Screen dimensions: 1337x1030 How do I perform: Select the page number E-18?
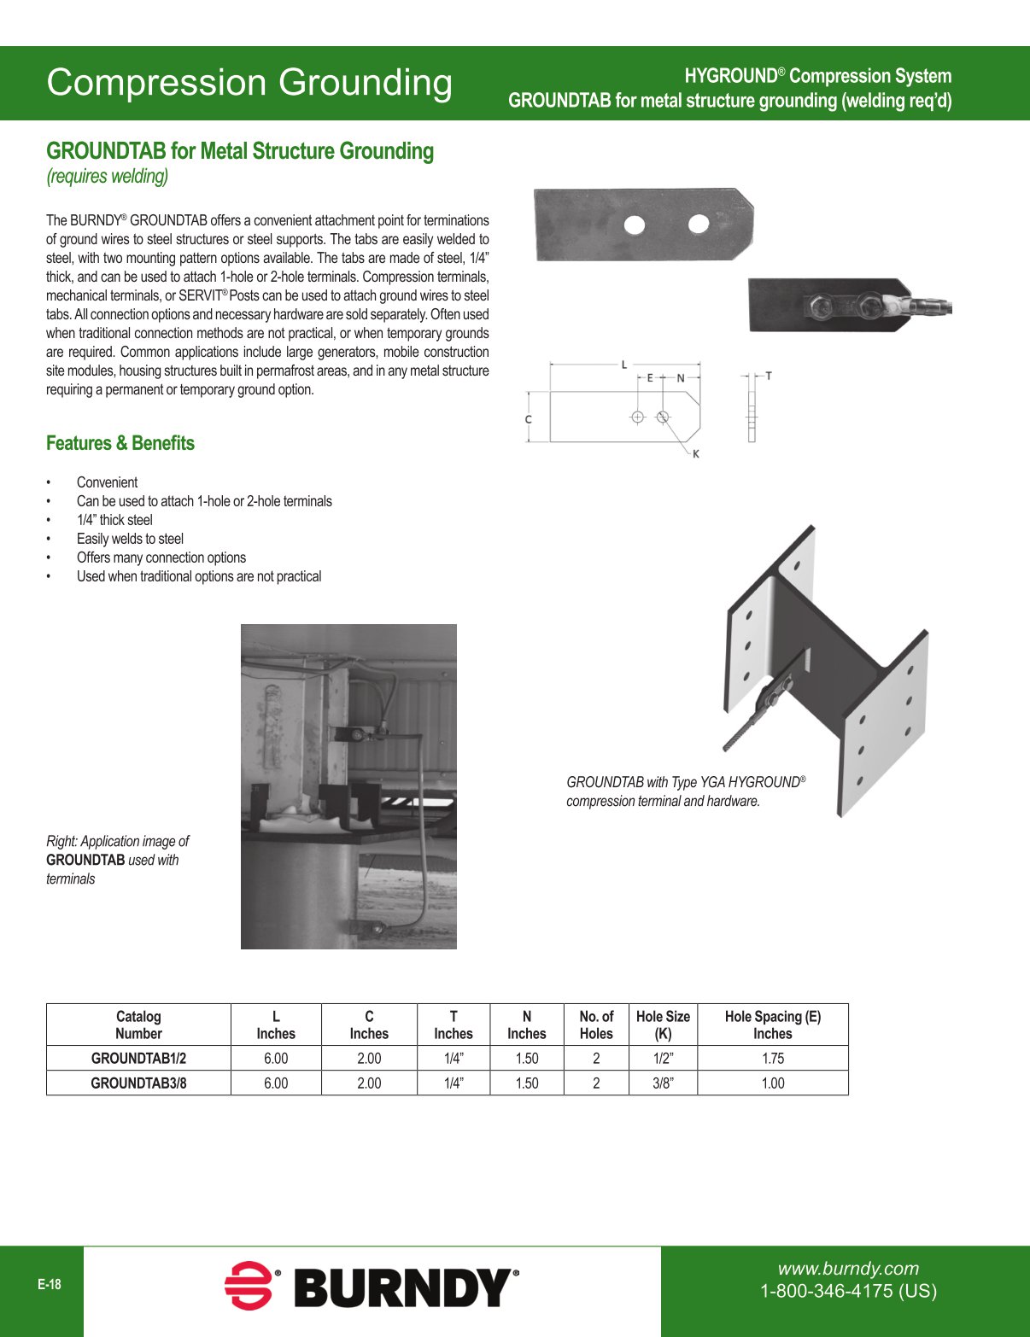(x=50, y=1285)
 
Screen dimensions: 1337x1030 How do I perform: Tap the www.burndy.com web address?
(x=848, y=1269)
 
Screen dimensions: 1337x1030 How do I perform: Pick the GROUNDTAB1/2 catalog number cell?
(x=138, y=1058)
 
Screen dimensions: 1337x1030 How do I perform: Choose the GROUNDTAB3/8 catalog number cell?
(x=138, y=1083)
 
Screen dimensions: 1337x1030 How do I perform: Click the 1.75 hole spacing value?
(x=772, y=1058)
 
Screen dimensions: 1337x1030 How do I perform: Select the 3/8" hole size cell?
(x=663, y=1083)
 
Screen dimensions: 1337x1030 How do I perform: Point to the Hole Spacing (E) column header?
(x=772, y=1025)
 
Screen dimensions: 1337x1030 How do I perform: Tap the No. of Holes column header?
(x=596, y=1025)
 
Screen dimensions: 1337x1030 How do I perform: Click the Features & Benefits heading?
(x=120, y=443)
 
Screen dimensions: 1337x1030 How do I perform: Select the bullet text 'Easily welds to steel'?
(x=130, y=539)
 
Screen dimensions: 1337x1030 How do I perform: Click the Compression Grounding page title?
(x=249, y=83)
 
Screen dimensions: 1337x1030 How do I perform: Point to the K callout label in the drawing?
(x=696, y=454)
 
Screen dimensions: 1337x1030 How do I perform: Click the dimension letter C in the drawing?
(x=529, y=419)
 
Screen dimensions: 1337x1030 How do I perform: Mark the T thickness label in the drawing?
(x=769, y=376)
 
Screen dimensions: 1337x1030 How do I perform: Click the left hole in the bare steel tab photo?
(x=635, y=225)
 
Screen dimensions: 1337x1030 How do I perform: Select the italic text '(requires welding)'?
(x=108, y=177)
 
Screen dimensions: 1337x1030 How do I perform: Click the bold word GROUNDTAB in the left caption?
(x=85, y=860)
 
